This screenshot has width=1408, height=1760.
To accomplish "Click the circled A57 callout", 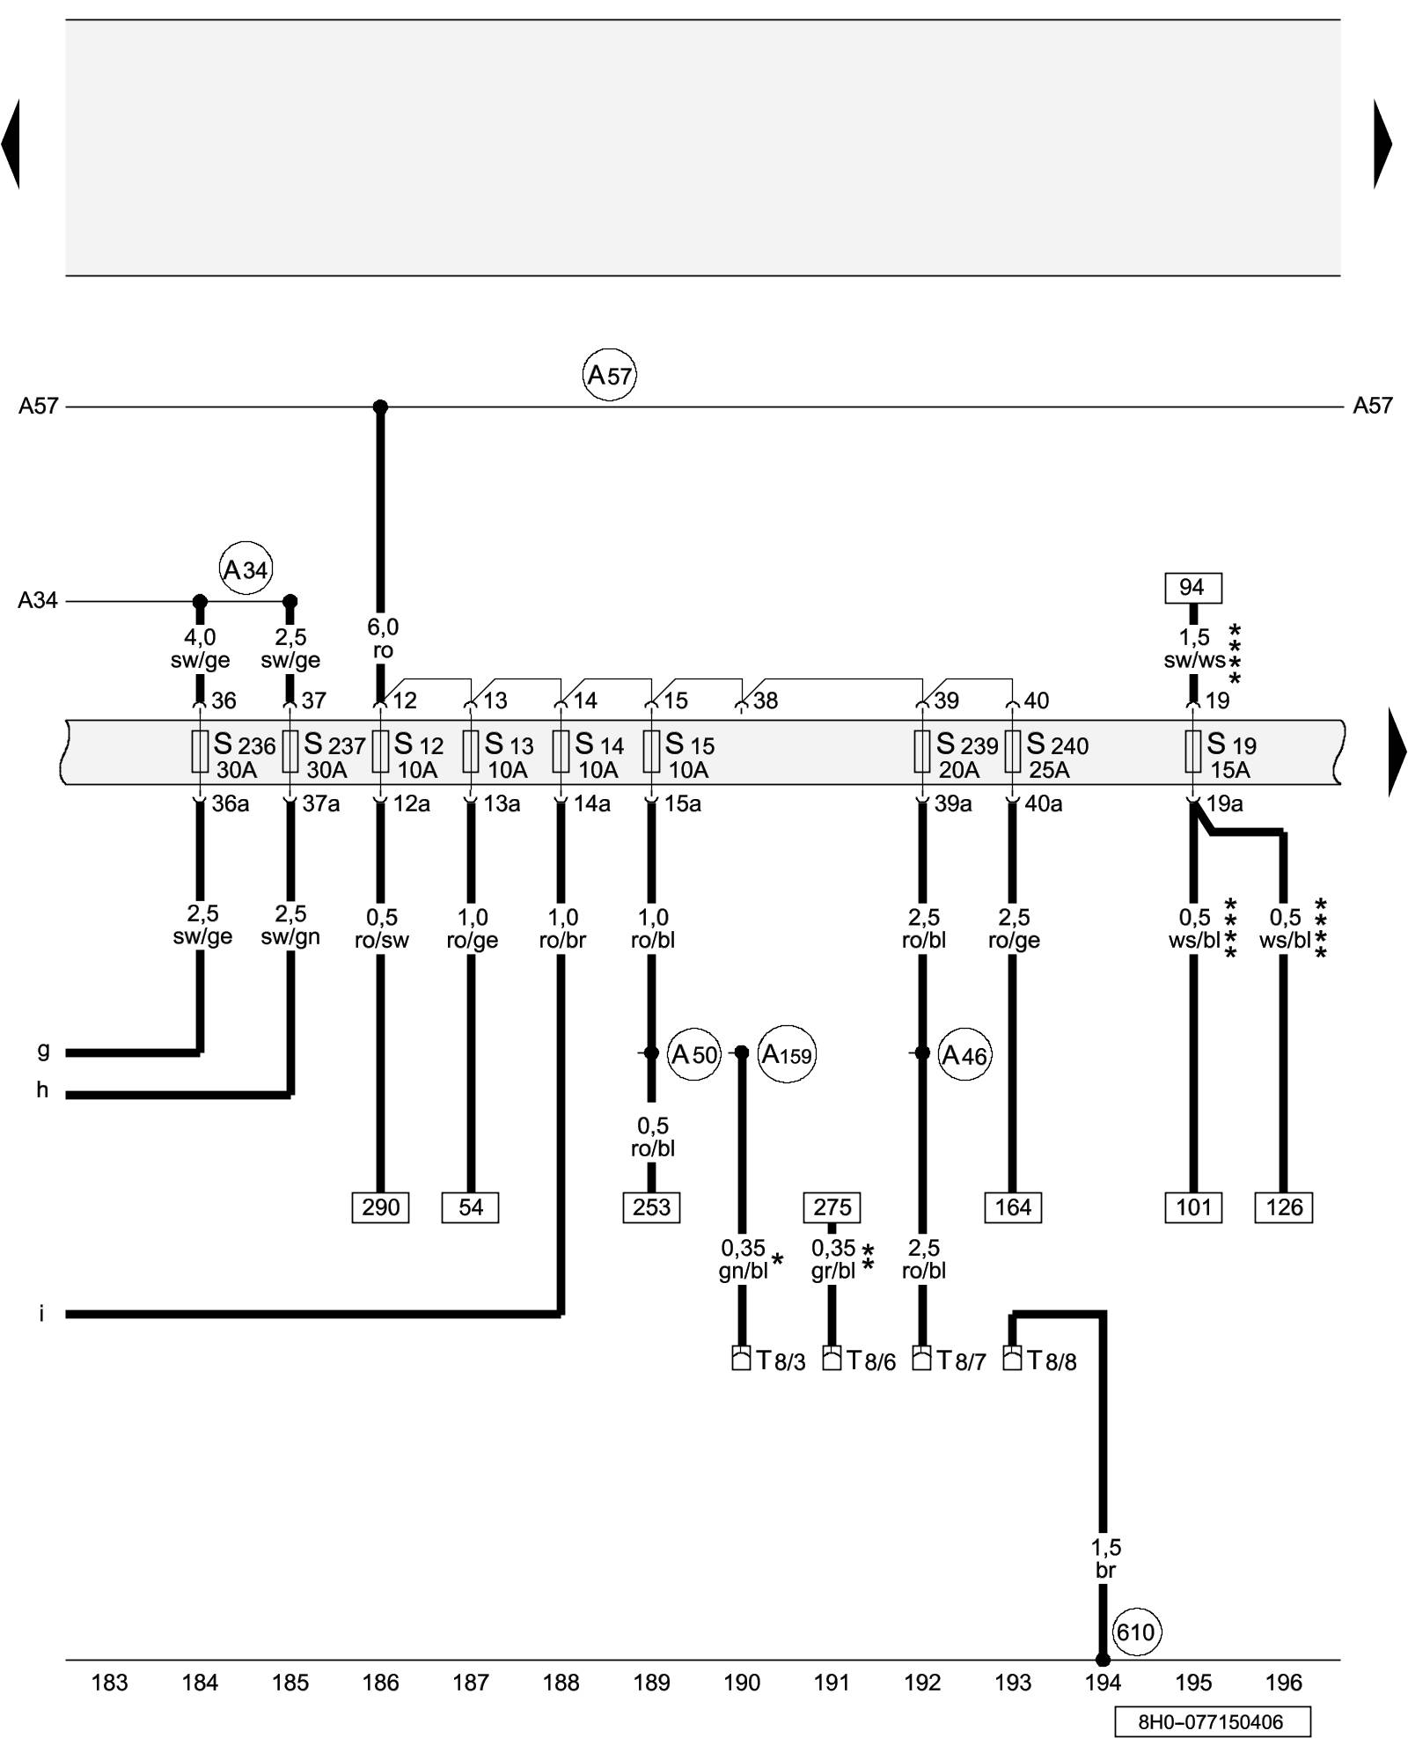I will pyautogui.click(x=609, y=376).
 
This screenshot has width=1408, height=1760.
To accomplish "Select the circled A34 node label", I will pyautogui.click(x=246, y=569).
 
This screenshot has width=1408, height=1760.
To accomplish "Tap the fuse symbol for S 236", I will pyautogui.click(x=200, y=752).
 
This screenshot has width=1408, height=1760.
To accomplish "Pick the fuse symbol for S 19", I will pyautogui.click(x=1193, y=752).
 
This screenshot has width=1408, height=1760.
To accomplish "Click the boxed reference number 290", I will pyautogui.click(x=380, y=1207).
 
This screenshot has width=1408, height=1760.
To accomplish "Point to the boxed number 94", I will pyautogui.click(x=1192, y=587).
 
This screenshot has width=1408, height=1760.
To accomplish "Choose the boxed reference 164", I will pyautogui.click(x=1013, y=1207).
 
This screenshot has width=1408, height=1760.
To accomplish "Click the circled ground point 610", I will pyautogui.click(x=1135, y=1632).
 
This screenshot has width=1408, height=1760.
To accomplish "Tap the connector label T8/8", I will pyautogui.click(x=1052, y=1361).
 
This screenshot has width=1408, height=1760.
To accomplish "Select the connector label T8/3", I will pyautogui.click(x=781, y=1361).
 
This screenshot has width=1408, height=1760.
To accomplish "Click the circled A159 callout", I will pyautogui.click(x=787, y=1054).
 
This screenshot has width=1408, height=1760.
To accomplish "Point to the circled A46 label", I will pyautogui.click(x=964, y=1054).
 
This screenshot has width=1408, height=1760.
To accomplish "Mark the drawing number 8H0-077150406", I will pyautogui.click(x=1212, y=1722).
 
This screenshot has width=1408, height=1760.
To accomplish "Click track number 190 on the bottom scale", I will pyautogui.click(x=742, y=1683).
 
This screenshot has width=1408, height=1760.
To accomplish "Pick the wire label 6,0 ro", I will pyautogui.click(x=382, y=639).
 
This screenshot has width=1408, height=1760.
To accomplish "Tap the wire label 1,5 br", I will pyautogui.click(x=1105, y=1558).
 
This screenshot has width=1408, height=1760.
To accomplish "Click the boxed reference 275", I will pyautogui.click(x=832, y=1207).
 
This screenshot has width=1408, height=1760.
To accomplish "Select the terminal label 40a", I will pyautogui.click(x=1043, y=803).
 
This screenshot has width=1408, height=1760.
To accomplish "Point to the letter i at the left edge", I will pyautogui.click(x=41, y=1314).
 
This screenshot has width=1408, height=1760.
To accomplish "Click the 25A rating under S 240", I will pyautogui.click(x=1049, y=770).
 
